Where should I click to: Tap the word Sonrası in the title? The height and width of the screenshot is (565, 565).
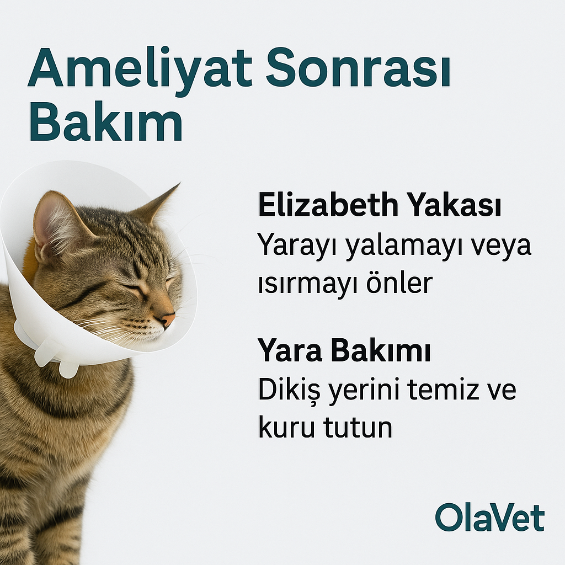pyautogui.click(x=358, y=68)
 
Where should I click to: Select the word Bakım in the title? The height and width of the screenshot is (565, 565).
pyautogui.click(x=105, y=122)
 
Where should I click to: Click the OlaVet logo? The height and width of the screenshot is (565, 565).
pyautogui.click(x=490, y=517)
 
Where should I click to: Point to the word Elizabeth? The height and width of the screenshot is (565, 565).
pyautogui.click(x=328, y=205)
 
